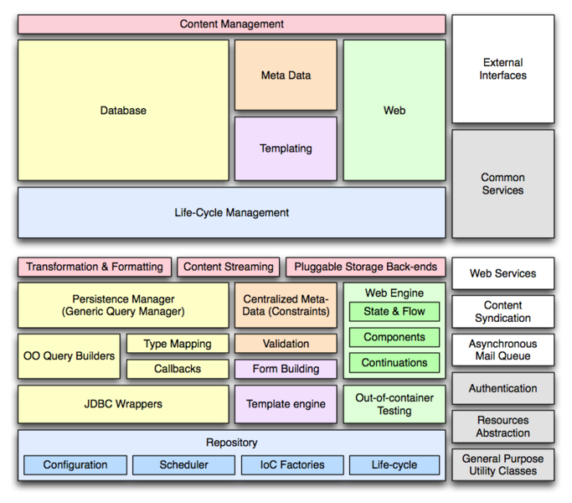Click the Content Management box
pyautogui.click(x=231, y=24)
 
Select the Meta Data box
pyautogui.click(x=286, y=75)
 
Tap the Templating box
pyautogui.click(x=286, y=148)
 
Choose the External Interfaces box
pyautogui.click(x=502, y=69)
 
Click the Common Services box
pyautogui.click(x=502, y=184)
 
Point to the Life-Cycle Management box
pyautogui.click(x=231, y=213)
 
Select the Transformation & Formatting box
pyautogui.click(x=95, y=267)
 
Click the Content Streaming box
pyautogui.click(x=229, y=267)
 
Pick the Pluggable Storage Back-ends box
pyautogui.click(x=366, y=267)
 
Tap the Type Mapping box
pyautogui.click(x=178, y=344)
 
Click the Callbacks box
pyautogui.click(x=178, y=369)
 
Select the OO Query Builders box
pyautogui.click(x=70, y=356)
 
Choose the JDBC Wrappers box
pyautogui.click(x=123, y=404)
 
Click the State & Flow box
pyautogui.click(x=394, y=312)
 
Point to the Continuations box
pyautogui.click(x=394, y=363)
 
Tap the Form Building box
pyautogui.click(x=286, y=369)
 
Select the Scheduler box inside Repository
pyautogui.click(x=184, y=465)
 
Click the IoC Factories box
pyautogui.click(x=292, y=465)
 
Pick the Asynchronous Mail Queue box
pyautogui.click(x=502, y=350)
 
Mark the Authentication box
pyautogui.click(x=502, y=389)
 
